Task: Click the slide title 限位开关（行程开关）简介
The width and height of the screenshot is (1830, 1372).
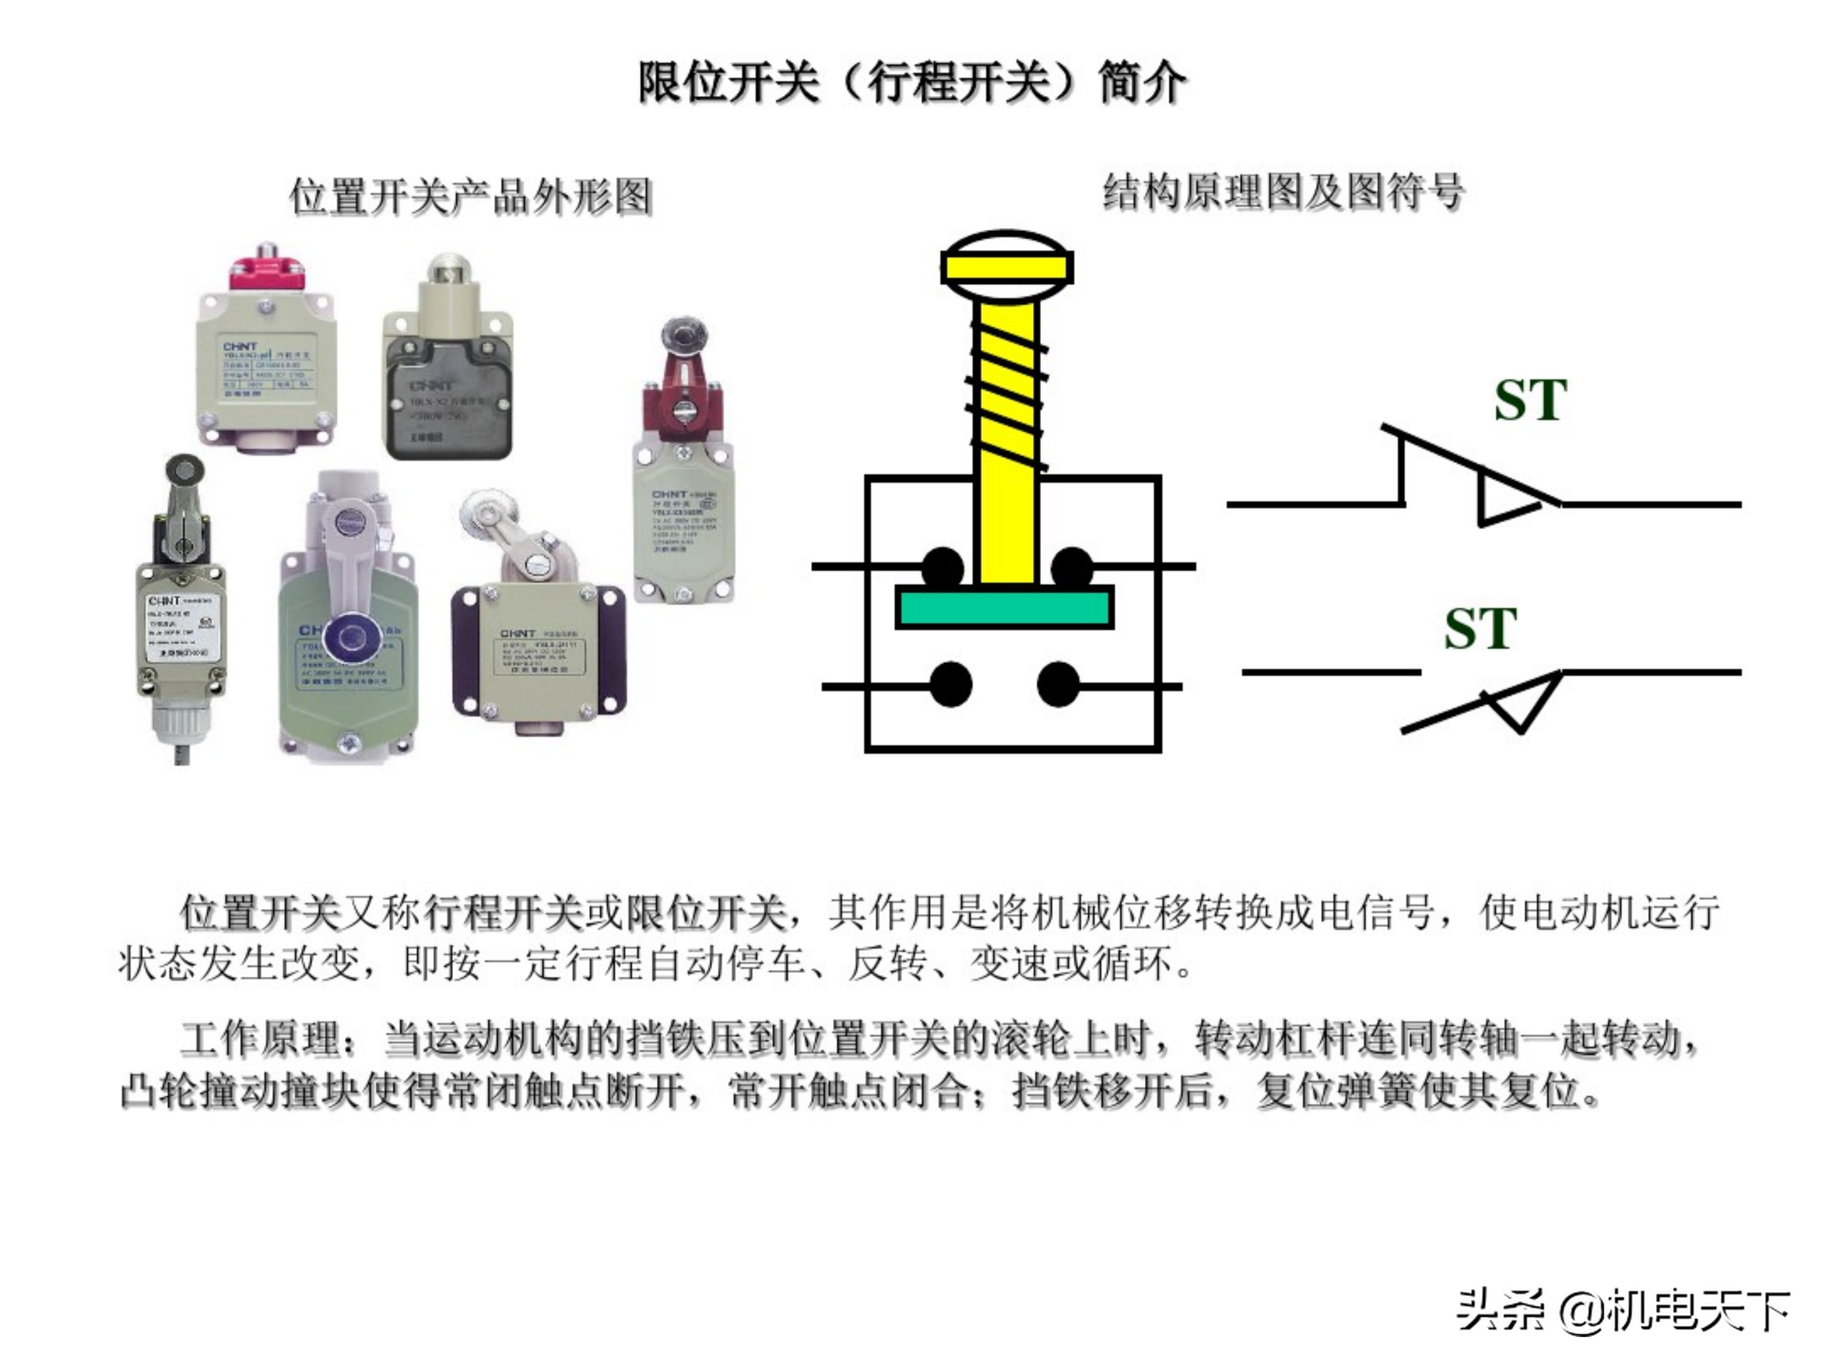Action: (912, 83)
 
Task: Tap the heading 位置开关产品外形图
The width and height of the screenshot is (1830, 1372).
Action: (471, 197)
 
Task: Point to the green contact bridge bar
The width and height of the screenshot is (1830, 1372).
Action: (1005, 608)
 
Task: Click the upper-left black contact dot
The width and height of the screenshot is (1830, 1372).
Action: (942, 568)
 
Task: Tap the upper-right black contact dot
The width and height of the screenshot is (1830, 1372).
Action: (1072, 568)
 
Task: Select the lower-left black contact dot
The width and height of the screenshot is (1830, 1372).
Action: (951, 685)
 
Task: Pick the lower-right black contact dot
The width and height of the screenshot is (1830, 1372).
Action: (1058, 685)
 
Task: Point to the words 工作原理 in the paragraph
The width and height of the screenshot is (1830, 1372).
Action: (260, 1040)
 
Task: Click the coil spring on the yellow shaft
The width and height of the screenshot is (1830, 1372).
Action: (1007, 384)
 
